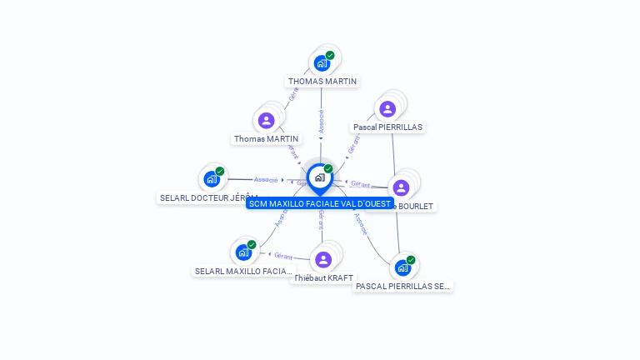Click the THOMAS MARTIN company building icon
click(x=322, y=62)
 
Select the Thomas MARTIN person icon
click(x=267, y=121)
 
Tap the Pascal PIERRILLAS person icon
click(x=387, y=109)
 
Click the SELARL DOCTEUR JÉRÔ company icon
click(x=212, y=178)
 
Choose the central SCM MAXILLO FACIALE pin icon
click(x=319, y=177)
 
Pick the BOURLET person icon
click(x=401, y=187)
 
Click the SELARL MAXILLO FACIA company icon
click(x=243, y=252)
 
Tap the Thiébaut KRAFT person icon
click(x=324, y=259)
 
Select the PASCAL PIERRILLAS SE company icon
click(x=402, y=267)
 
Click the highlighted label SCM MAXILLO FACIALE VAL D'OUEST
click(x=320, y=203)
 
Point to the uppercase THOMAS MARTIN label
click(x=322, y=82)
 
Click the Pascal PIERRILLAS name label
click(x=387, y=127)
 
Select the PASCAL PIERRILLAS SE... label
click(x=402, y=286)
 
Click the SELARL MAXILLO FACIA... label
click(x=243, y=271)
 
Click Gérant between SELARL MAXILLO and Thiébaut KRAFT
click(x=283, y=255)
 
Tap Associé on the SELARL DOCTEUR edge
click(x=265, y=179)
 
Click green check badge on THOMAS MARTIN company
click(x=330, y=55)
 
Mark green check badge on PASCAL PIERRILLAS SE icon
click(x=411, y=260)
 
